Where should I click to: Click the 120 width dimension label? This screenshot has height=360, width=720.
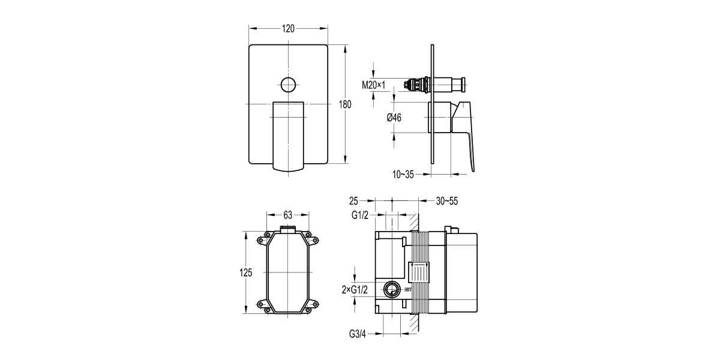coord(288,29)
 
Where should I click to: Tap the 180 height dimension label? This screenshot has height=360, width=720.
coord(345,104)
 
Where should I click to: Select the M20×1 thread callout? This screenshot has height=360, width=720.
coord(373,85)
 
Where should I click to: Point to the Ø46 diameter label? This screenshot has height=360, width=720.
coord(394,118)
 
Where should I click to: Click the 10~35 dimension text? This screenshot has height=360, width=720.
coord(403,175)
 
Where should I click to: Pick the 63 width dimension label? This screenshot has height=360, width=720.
coord(287,215)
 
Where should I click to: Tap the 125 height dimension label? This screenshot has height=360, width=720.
coord(246,272)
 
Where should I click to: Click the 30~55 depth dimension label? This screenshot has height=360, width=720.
coord(447,201)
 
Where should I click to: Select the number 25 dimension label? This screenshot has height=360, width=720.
coord(353,201)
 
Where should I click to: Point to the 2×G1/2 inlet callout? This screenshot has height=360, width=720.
coord(355,290)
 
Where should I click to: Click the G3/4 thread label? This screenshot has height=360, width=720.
coord(358,334)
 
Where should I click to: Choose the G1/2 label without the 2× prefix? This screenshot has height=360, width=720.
coord(360,215)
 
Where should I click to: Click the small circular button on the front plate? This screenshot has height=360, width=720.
coord(288,85)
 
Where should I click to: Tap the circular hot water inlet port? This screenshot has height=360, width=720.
coord(392,289)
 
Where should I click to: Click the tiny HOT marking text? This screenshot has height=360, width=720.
coord(408,290)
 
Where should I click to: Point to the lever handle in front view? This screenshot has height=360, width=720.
coord(288,136)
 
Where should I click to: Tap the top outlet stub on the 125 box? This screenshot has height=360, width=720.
coord(288,229)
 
